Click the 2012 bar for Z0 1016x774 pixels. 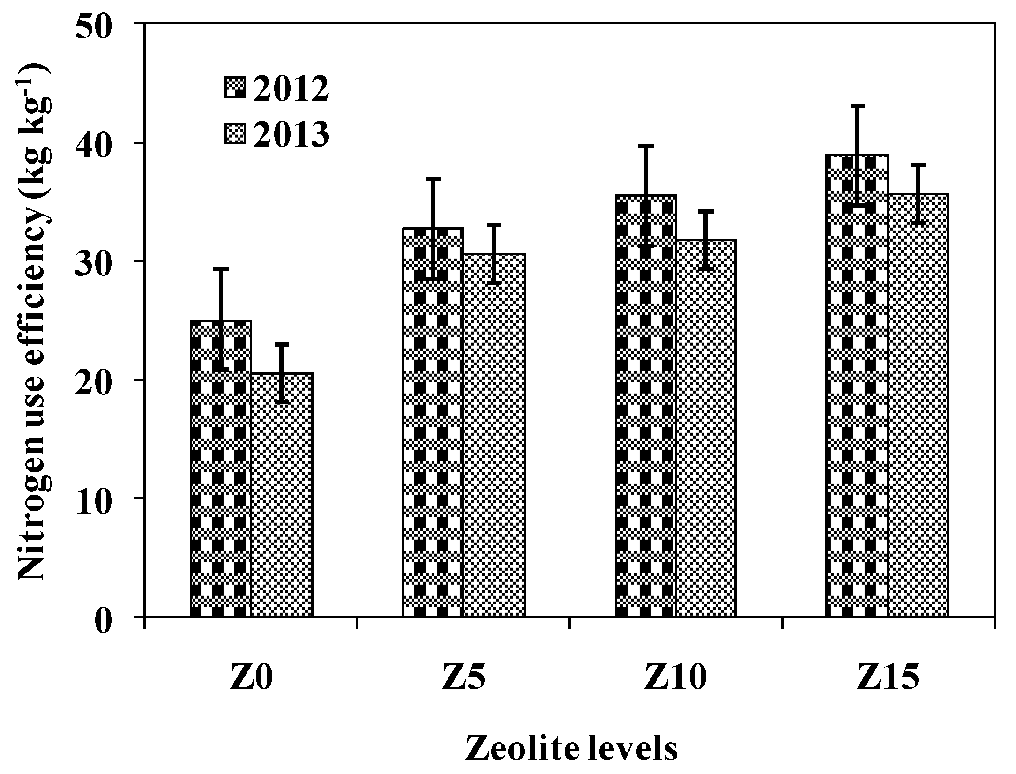pyautogui.click(x=221, y=469)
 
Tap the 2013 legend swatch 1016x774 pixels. pyautogui.click(x=235, y=134)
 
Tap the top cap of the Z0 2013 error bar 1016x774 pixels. pyautogui.click(x=282, y=344)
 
